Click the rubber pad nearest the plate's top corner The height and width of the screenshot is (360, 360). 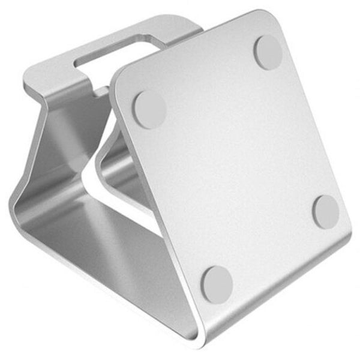(x=268, y=52)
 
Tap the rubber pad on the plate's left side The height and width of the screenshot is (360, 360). (x=149, y=110)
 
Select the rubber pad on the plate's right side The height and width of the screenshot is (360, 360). (x=327, y=211)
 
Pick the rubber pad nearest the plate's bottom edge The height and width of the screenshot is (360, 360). (x=217, y=283)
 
